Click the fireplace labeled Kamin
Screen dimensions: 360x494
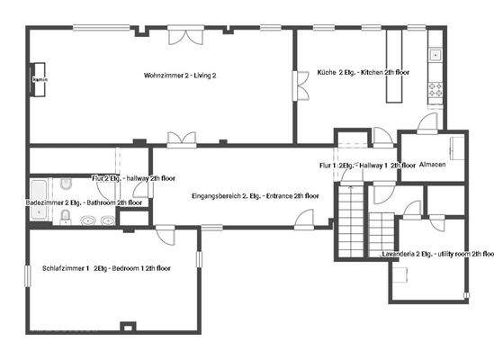40,80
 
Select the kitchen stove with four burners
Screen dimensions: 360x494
436,89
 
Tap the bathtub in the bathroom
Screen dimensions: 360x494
39,190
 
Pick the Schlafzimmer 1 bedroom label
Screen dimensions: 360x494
107,268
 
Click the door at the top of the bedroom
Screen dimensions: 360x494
164,234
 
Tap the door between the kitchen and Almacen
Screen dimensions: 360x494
427,124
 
